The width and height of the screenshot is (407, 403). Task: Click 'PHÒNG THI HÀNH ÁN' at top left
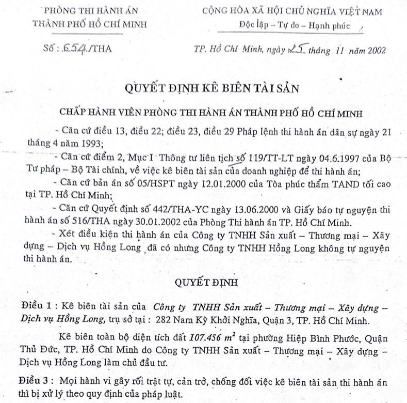pyautogui.click(x=89, y=11)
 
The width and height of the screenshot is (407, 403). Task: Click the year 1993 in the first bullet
pyautogui.click(x=90, y=143)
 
